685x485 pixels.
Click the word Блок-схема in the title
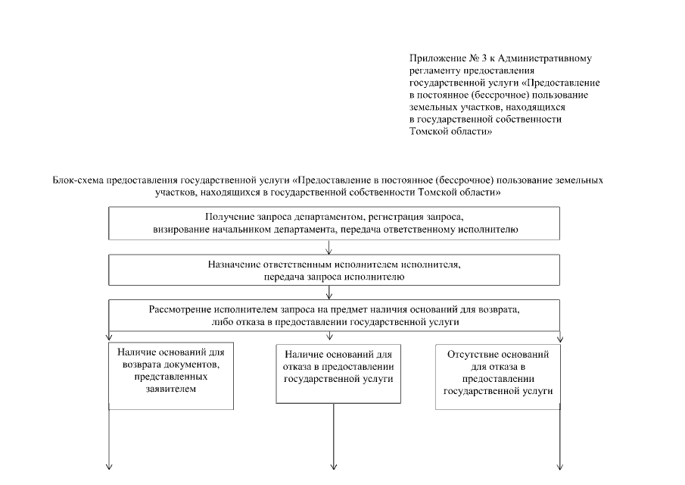pyautogui.click(x=77, y=181)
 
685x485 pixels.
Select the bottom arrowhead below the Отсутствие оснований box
pyautogui.click(x=560, y=466)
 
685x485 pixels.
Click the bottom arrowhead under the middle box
pyautogui.click(x=333, y=466)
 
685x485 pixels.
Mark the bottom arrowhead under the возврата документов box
pyautogui.click(x=110, y=466)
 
